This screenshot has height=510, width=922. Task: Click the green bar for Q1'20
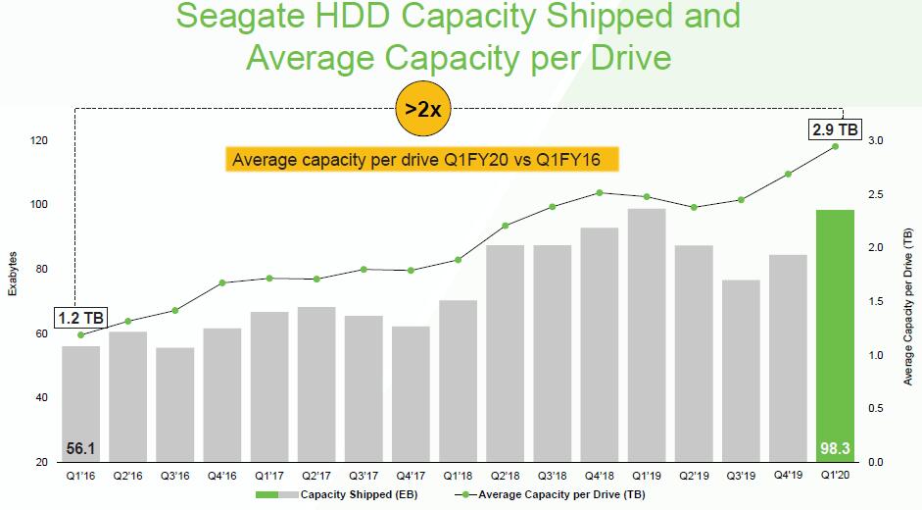[835, 333]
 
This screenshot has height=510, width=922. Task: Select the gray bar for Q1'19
[646, 333]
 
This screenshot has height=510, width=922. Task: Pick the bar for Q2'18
[505, 353]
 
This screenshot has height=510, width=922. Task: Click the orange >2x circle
[422, 109]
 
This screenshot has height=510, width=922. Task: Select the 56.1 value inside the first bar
[79, 448]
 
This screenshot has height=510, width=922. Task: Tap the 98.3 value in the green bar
[835, 448]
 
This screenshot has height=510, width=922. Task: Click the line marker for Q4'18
[600, 192]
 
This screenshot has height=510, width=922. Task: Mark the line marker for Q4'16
[222, 282]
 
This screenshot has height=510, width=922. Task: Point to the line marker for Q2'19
[694, 207]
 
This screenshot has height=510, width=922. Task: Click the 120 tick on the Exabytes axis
[38, 141]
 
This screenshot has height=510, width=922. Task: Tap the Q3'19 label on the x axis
[741, 476]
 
